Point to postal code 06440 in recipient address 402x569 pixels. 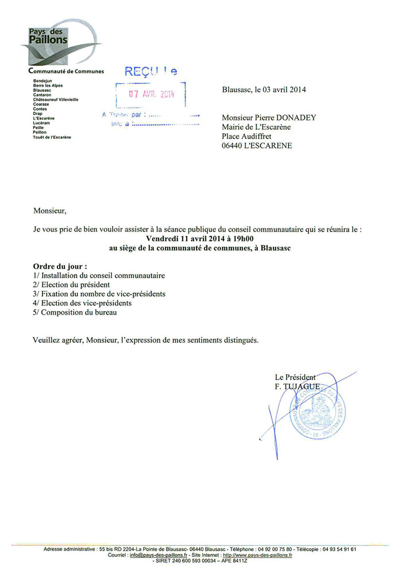coord(233,145)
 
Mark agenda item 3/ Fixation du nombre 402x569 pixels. coord(99,293)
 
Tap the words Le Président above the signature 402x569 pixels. coord(295,377)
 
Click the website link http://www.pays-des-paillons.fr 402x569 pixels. coord(257,555)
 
